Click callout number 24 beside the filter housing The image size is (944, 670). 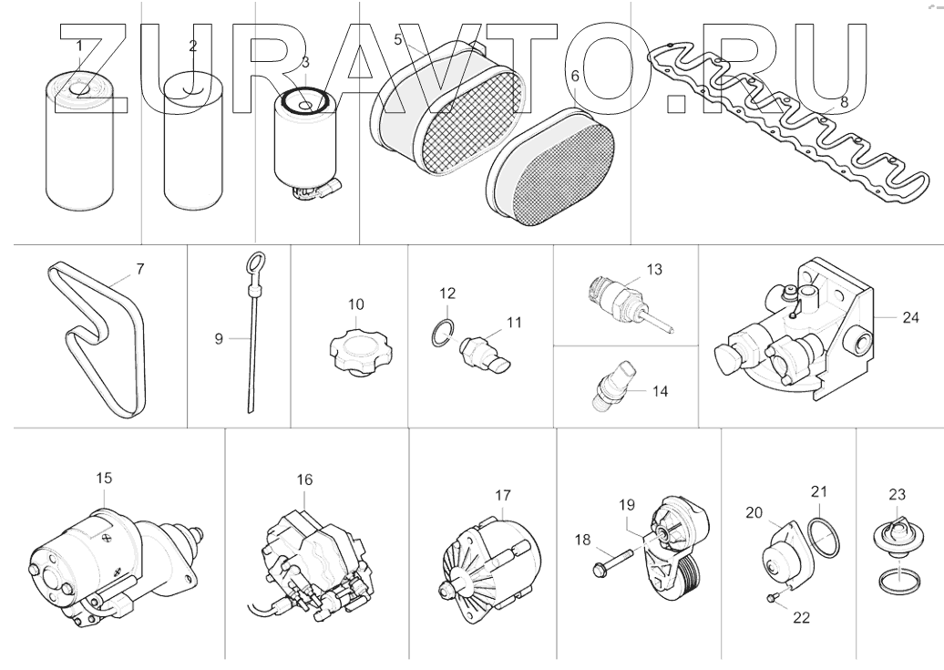click(x=910, y=318)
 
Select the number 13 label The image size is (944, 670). click(x=654, y=270)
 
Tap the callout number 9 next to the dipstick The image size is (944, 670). click(x=219, y=338)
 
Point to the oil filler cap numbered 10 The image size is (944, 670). click(x=351, y=349)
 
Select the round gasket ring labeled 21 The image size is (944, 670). click(x=826, y=536)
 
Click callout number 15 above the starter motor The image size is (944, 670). click(x=104, y=478)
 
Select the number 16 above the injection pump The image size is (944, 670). click(x=304, y=479)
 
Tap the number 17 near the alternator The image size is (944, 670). click(x=503, y=496)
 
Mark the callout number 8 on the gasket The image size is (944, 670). click(x=844, y=103)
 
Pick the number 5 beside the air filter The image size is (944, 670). click(x=398, y=39)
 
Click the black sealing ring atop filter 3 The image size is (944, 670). click(x=303, y=103)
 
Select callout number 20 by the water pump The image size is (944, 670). click(x=754, y=513)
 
